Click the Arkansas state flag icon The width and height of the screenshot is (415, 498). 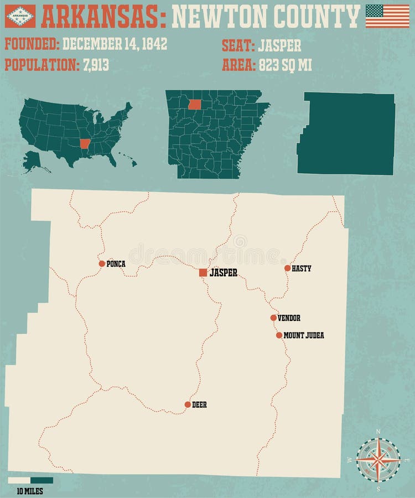pos(20,16)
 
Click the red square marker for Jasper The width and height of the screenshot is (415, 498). pos(203,272)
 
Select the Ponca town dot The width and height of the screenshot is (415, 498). pos(102,264)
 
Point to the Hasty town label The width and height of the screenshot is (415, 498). pos(302,268)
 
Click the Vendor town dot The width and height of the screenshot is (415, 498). pos(273,318)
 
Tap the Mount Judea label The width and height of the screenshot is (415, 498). pos(304,335)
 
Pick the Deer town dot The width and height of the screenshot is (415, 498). pos(188,404)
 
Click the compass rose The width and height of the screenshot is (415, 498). pos(378,459)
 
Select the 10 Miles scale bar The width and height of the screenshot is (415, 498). pos(30,480)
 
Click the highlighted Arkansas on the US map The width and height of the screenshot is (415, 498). pos(85,144)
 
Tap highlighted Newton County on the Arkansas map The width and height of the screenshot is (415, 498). pos(194,104)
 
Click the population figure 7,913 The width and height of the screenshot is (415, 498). pos(96,65)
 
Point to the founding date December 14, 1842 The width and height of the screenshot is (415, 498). pos(115,45)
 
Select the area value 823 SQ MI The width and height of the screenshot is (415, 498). pos(284,65)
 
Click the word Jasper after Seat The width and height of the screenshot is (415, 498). pos(279,45)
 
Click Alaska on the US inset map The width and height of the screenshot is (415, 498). pos(34,160)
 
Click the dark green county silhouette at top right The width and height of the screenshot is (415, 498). pos(347,133)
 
